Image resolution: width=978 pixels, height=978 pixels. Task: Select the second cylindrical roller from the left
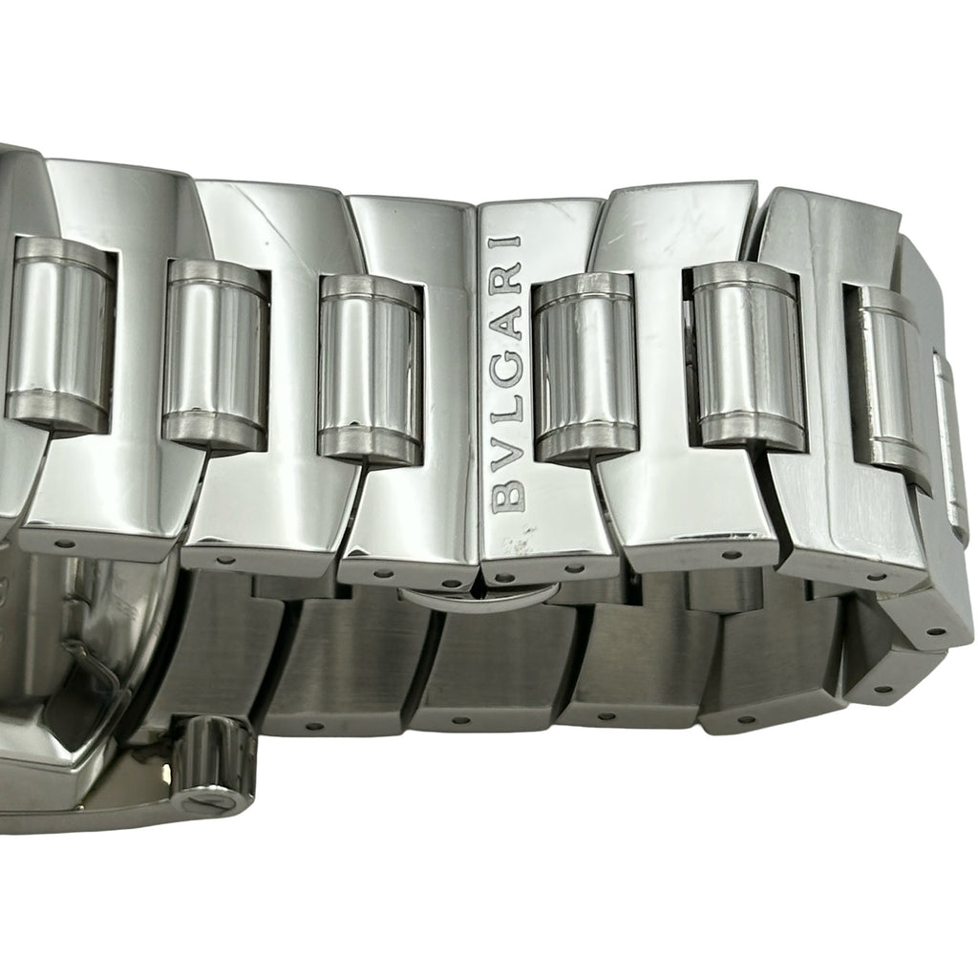click(216, 355)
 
